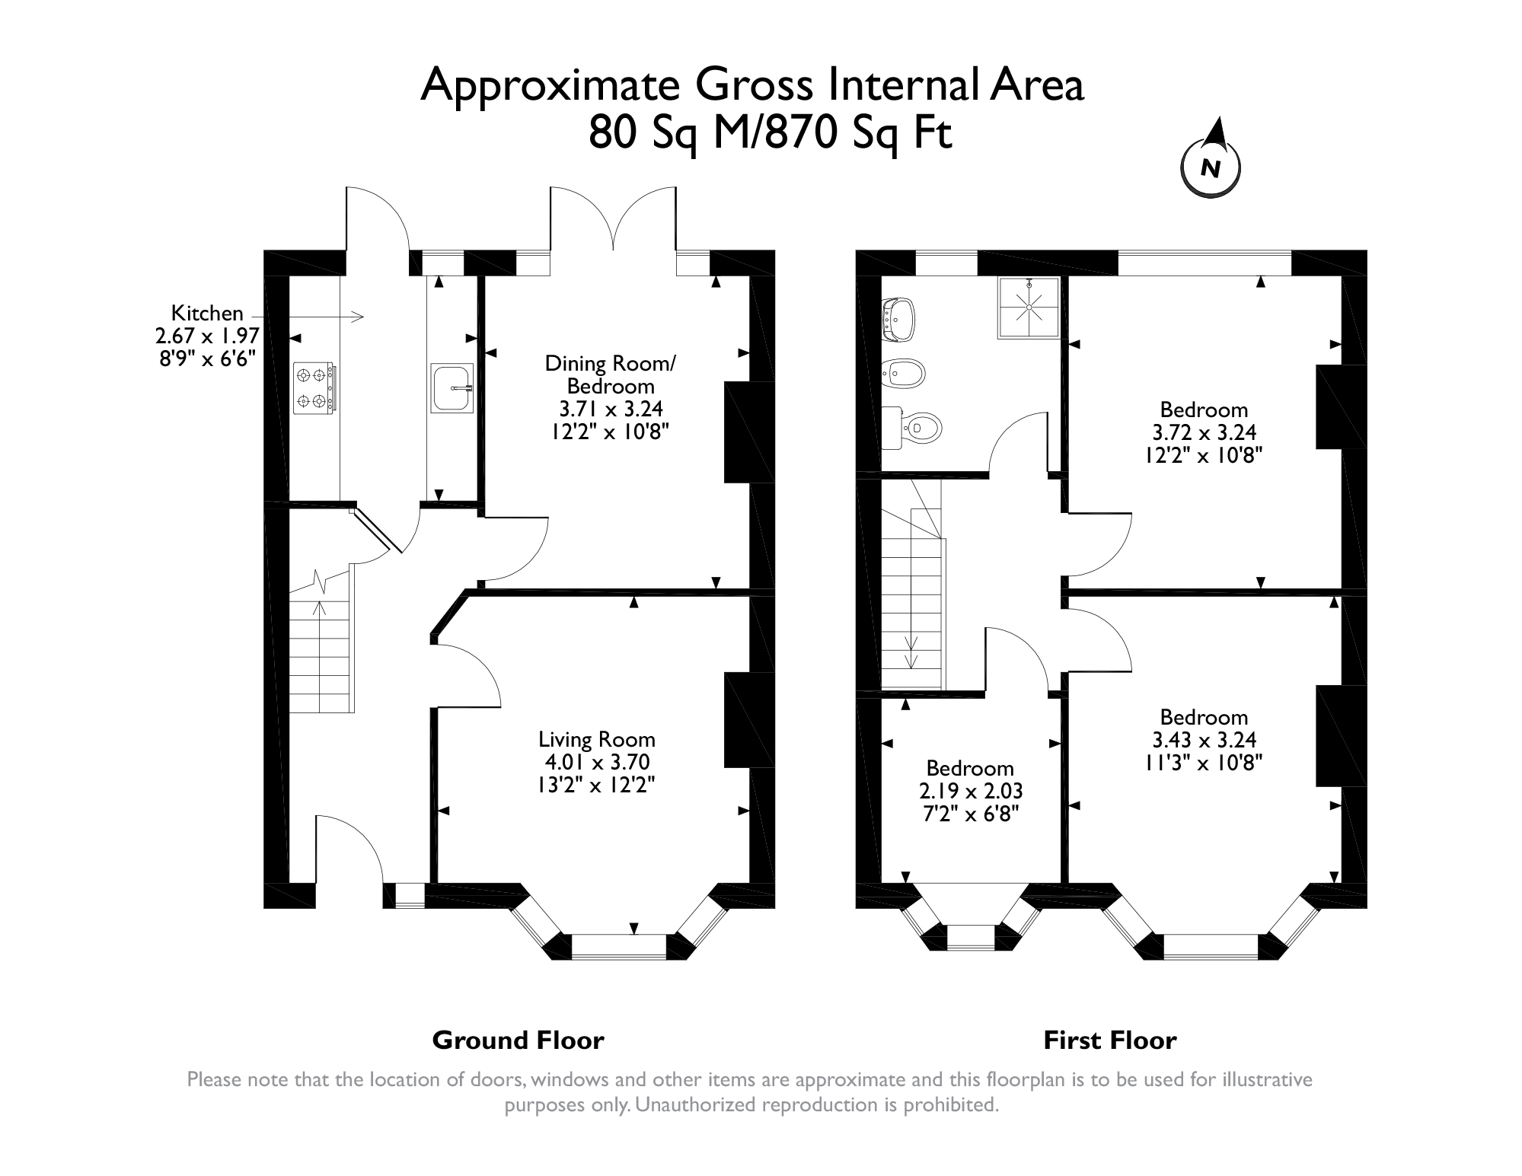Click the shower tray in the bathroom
[1029, 308]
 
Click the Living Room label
[597, 739]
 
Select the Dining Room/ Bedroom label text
[610, 374]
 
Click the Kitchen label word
[207, 313]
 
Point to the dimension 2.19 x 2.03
[971, 791]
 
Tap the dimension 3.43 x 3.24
[1204, 739]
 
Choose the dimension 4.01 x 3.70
[597, 762]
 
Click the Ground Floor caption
[518, 1040]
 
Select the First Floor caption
[1109, 1040]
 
